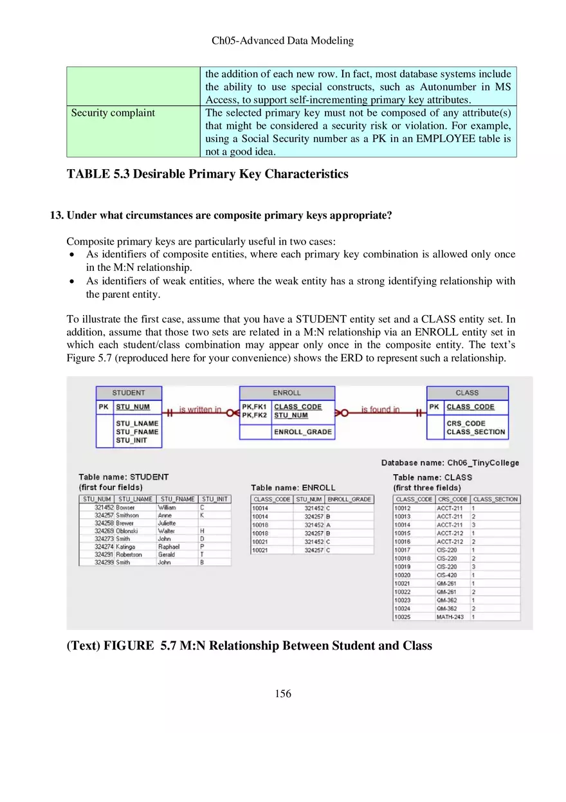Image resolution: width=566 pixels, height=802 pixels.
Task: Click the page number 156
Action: click(282, 693)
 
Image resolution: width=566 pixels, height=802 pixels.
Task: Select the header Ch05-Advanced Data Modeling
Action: click(282, 41)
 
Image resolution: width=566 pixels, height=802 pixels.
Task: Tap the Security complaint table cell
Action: click(113, 113)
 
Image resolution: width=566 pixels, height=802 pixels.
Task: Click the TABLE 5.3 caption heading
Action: click(207, 174)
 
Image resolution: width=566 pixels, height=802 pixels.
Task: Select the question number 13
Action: click(57, 215)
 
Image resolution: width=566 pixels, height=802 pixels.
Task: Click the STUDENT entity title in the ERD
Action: click(129, 392)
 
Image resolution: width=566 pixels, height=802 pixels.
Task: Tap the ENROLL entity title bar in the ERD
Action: click(287, 392)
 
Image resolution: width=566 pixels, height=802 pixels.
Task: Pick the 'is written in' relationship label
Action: click(199, 409)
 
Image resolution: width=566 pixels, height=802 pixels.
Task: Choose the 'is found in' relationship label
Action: click(380, 409)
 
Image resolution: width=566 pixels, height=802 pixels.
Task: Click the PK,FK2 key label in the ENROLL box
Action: click(254, 415)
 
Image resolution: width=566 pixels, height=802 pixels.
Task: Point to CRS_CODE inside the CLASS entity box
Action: click(466, 423)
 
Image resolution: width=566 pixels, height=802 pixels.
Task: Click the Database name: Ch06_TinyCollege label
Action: click(450, 462)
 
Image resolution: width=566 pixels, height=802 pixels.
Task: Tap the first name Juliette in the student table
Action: click(167, 523)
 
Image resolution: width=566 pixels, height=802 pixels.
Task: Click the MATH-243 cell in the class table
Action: click(450, 617)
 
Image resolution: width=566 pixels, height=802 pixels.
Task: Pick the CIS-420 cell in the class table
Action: click(447, 575)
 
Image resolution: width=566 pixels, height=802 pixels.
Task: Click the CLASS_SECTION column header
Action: click(495, 499)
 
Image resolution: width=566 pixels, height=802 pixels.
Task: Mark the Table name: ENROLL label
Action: click(293, 488)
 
